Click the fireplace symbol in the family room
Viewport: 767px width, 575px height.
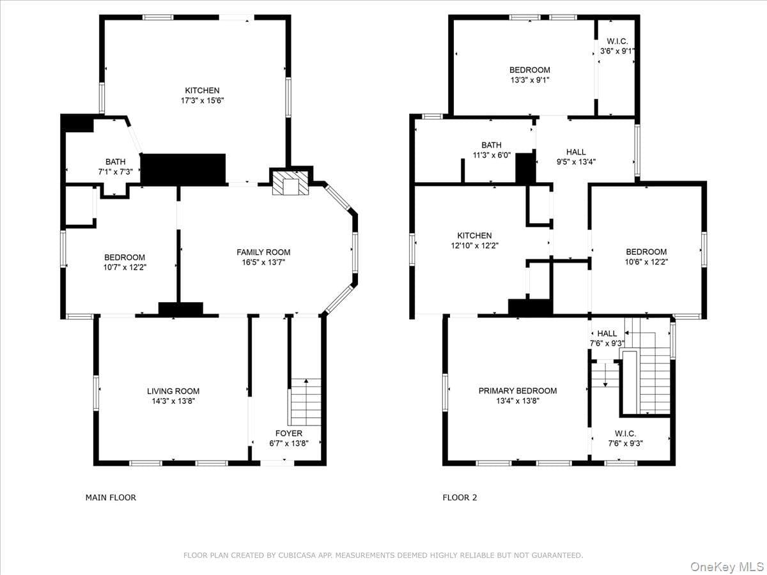(290, 183)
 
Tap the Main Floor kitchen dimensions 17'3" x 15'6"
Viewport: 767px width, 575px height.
(203, 101)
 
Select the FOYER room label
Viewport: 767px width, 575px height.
(289, 433)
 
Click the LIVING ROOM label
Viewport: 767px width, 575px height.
(173, 391)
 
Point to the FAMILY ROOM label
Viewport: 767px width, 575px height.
(263, 252)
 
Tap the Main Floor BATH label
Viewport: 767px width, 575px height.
(115, 162)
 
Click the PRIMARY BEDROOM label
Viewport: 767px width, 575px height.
(518, 390)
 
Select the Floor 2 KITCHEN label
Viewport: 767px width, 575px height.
(474, 235)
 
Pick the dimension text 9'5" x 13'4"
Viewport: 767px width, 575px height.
(577, 162)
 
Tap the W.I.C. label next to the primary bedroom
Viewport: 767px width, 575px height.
(626, 434)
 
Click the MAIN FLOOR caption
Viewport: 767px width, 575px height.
(111, 498)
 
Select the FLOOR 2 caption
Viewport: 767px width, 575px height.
(460, 498)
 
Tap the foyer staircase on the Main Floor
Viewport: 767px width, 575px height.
(306, 402)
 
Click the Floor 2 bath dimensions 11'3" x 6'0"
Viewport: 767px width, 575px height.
(492, 155)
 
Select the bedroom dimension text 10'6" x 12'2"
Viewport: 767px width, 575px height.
(646, 262)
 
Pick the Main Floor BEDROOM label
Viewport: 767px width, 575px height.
(125, 257)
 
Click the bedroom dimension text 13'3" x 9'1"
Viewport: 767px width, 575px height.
(530, 80)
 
